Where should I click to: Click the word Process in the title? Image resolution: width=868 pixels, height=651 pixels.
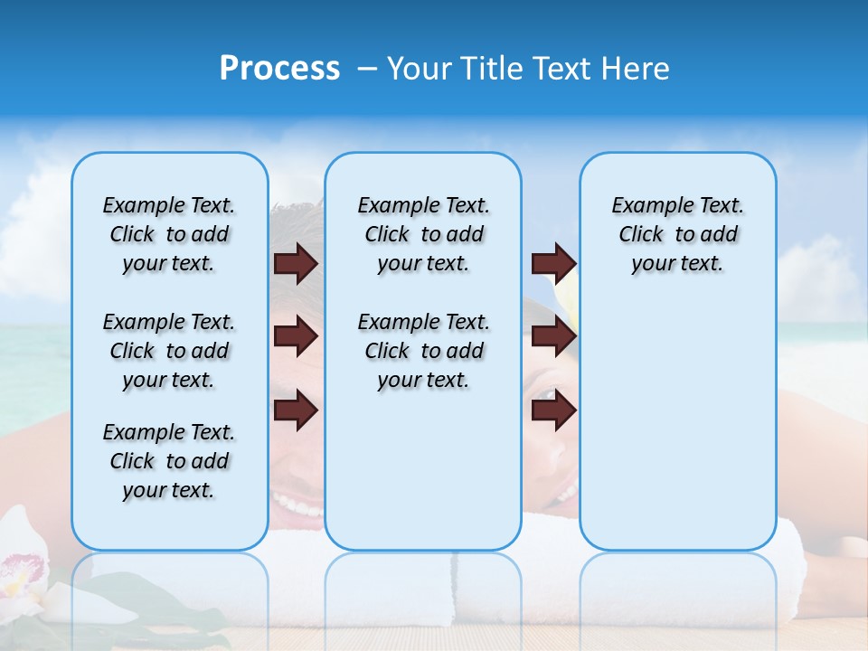coord(279,69)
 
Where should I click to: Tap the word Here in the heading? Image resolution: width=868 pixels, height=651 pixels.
coord(637,69)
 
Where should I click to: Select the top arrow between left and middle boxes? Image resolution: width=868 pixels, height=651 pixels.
coord(296,263)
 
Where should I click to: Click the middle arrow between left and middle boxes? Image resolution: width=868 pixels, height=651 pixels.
coord(296,337)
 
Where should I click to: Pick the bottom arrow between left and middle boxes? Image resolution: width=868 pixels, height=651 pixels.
coord(296,411)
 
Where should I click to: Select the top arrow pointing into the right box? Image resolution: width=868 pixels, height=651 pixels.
coord(553,263)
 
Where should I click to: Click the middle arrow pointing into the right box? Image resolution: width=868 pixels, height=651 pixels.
coord(553,337)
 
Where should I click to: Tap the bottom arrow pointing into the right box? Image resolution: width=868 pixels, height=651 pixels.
coord(553,411)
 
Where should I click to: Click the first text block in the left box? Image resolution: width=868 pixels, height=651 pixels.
coord(169,234)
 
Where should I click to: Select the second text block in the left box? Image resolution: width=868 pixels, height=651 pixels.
coord(169,351)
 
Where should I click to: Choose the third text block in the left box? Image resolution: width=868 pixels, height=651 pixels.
coord(169,461)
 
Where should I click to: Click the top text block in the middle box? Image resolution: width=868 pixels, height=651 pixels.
coord(423,234)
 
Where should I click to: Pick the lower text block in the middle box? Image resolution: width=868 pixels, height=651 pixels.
coord(423,351)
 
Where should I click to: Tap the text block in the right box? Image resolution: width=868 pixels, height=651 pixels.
coord(678,234)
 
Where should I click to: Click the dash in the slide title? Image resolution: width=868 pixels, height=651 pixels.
coord(366,70)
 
